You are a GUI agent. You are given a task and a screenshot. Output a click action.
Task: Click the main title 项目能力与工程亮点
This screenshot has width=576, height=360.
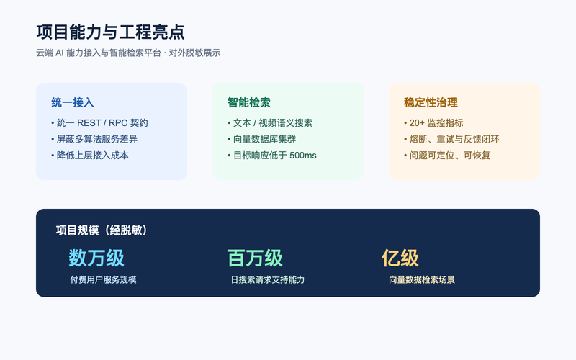pos(110,32)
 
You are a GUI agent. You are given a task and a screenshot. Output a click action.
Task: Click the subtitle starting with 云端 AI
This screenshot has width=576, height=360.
pos(128,53)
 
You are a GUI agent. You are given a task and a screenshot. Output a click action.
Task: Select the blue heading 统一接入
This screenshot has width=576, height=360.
pos(73,102)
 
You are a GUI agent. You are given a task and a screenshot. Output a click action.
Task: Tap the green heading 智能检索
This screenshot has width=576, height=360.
pos(249,102)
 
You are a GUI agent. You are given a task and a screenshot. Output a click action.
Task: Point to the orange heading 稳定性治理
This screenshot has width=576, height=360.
pos(431,102)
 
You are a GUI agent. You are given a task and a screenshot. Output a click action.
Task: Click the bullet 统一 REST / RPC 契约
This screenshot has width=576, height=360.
pos(99,122)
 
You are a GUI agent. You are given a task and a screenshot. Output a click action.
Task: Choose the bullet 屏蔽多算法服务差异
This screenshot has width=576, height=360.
pos(94,139)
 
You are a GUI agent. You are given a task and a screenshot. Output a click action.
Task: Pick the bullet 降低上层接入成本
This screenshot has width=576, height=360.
pos(90,155)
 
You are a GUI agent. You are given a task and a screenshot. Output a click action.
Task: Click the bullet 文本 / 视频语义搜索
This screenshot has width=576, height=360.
pos(270,122)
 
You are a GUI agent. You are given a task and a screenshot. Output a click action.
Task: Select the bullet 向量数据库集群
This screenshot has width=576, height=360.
pos(262,139)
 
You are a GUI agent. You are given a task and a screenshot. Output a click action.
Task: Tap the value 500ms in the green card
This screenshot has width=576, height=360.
pos(302,156)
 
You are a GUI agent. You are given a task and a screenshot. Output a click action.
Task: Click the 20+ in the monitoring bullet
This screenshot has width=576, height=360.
pos(417,122)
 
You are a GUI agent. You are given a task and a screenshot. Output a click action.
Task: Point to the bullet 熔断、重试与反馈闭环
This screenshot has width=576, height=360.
pos(451,139)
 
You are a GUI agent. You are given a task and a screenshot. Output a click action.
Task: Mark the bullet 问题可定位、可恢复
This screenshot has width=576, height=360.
pos(447,155)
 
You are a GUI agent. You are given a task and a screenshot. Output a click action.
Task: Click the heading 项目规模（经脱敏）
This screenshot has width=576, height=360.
pos(102,230)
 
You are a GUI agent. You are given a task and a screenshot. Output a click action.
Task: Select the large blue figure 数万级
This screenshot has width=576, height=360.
pos(96,258)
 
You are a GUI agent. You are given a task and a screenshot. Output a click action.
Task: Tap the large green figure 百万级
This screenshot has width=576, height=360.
pos(255,258)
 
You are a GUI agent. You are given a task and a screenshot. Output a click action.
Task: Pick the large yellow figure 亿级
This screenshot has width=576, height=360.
pos(400,258)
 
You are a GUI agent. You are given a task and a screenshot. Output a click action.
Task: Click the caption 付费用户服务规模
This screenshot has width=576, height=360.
pos(103,279)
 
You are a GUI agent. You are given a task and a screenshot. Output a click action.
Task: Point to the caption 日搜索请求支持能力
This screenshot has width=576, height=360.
pos(268,279)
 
